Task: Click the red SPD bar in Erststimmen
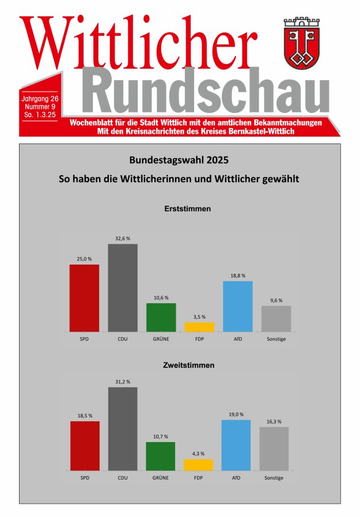pos(84,298)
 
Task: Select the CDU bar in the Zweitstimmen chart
pos(123,429)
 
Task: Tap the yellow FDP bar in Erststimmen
pos(199,327)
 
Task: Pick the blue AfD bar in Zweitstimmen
pos(237,445)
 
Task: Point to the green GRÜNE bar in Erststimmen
pos(161,317)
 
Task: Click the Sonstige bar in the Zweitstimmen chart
pos(274,448)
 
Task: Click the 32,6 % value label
pos(123,238)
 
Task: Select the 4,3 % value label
pos(198,454)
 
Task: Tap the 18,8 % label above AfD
pos(237,276)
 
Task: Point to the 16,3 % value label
pos(274,421)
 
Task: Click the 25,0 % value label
pos(84,259)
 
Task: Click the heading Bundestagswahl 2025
pos(183,160)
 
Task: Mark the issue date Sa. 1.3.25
pos(40,116)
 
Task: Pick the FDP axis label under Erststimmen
pos(199,339)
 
